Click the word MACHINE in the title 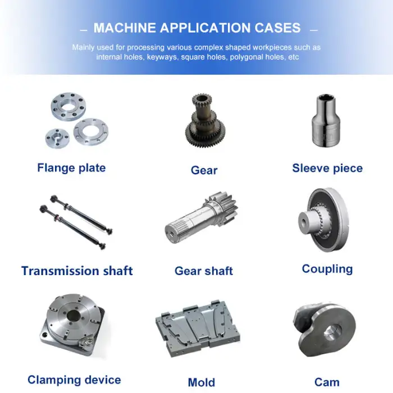click(125, 28)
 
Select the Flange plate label click(71, 168)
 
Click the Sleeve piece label click(327, 168)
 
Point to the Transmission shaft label click(77, 271)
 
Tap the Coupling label click(327, 269)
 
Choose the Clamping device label click(74, 380)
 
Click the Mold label click(202, 382)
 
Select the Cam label click(327, 382)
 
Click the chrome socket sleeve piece click(326, 121)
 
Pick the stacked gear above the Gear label click(205, 121)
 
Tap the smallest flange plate click(57, 138)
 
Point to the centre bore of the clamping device click(74, 316)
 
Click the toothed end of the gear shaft click(222, 208)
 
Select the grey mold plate click(198, 328)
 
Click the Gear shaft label click(204, 271)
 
